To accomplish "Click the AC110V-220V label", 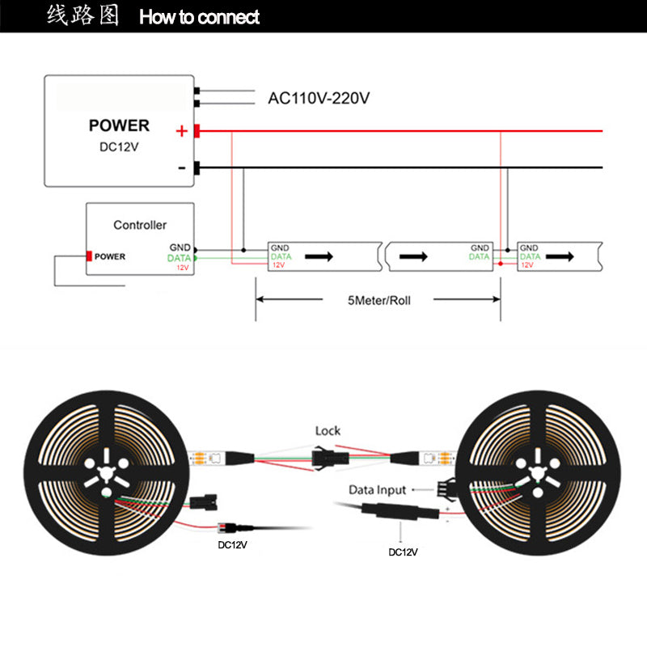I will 319,98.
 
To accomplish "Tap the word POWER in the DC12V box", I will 119,125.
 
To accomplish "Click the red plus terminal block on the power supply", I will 197,130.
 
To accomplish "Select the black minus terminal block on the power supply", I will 197,167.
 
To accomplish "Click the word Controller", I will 140,225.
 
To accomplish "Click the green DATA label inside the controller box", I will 179,257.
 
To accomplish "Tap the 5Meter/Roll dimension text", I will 379,300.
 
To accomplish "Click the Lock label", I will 328,431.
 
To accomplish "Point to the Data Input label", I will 377,490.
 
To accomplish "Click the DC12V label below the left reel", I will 233,544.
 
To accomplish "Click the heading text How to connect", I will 200,17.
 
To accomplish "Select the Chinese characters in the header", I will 82,16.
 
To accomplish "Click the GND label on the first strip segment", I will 279,247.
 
